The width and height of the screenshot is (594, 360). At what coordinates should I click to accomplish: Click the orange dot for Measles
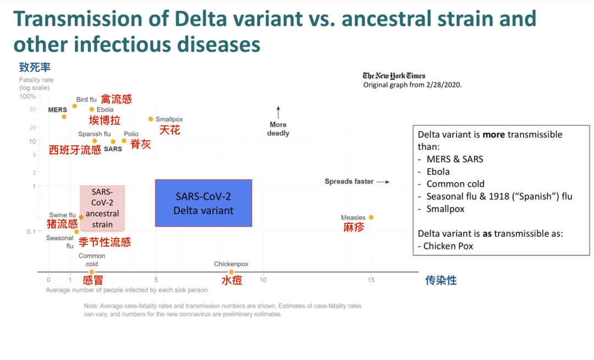(371, 217)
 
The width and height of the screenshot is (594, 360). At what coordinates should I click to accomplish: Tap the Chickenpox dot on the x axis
(231, 272)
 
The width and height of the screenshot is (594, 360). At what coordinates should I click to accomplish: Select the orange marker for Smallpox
(151, 119)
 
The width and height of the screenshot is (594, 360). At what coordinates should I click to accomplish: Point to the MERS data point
(64, 117)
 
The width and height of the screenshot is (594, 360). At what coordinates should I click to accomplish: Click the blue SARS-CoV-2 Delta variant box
(204, 203)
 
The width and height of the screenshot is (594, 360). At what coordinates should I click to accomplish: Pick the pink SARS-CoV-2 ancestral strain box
(102, 208)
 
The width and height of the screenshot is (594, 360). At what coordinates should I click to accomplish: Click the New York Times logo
(394, 76)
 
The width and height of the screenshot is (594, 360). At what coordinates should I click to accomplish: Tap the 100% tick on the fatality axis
(29, 97)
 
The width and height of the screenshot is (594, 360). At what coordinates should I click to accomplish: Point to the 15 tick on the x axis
(371, 280)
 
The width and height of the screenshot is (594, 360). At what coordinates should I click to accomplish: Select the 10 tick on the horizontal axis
(263, 280)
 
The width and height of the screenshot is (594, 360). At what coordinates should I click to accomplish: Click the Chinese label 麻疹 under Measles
(354, 227)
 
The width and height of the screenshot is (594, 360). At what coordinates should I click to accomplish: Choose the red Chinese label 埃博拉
(105, 120)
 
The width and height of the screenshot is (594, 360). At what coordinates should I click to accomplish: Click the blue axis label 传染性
(441, 280)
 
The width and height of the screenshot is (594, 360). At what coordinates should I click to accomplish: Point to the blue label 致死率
(35, 68)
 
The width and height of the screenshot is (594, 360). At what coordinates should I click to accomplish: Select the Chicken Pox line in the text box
(448, 246)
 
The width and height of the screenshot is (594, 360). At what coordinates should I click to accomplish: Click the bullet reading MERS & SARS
(454, 159)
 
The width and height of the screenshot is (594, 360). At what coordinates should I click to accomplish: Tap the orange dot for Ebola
(92, 109)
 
